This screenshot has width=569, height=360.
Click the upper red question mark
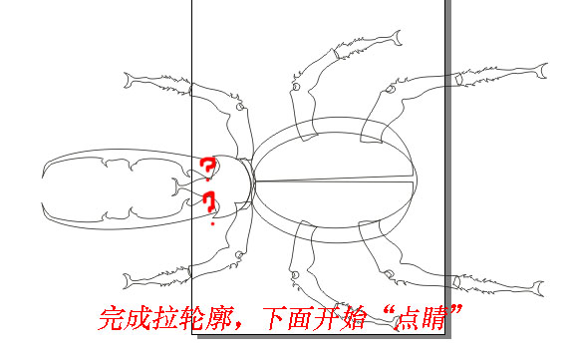(x=208, y=169)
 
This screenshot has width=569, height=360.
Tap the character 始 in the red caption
(x=353, y=318)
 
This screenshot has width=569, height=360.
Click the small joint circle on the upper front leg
(x=240, y=107)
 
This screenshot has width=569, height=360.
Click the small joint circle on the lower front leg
(x=239, y=254)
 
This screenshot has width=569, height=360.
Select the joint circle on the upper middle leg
(x=296, y=87)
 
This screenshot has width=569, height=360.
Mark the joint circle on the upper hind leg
(x=390, y=89)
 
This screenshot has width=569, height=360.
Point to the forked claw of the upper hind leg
(x=542, y=71)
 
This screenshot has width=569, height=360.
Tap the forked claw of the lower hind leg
(x=539, y=289)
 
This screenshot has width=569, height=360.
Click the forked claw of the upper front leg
(x=128, y=81)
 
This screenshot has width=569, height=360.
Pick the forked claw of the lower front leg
(x=128, y=281)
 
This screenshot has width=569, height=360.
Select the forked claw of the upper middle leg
(x=397, y=38)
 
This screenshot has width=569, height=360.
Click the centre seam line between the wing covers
(x=334, y=180)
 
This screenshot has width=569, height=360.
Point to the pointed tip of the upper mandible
(x=43, y=177)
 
